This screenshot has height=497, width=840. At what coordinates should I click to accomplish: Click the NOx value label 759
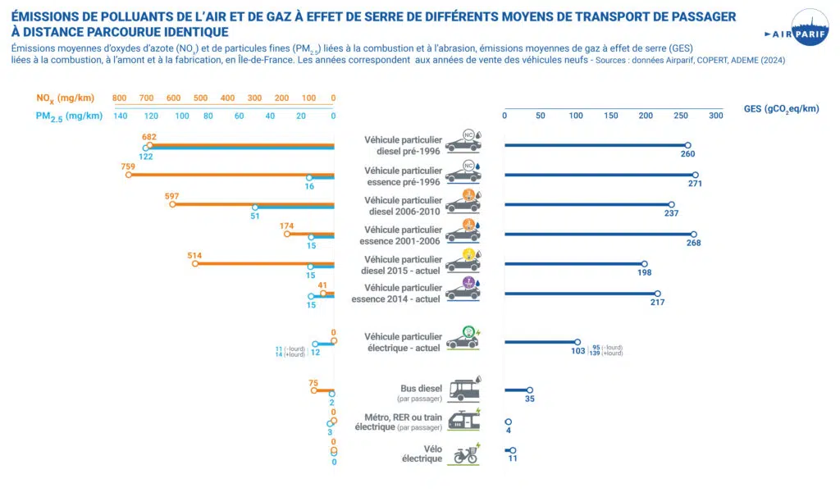click(x=127, y=166)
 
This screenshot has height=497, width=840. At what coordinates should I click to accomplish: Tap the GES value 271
click(x=695, y=184)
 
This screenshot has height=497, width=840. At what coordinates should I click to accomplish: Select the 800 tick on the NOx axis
click(x=120, y=98)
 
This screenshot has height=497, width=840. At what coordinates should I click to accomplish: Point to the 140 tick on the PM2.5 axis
click(x=121, y=116)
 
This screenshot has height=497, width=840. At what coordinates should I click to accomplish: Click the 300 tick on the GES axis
click(x=716, y=116)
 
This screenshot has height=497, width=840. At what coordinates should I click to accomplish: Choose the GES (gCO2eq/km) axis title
click(x=780, y=108)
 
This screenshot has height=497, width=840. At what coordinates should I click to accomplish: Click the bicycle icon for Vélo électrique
click(x=466, y=454)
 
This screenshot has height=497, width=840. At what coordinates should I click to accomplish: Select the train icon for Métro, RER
click(x=464, y=421)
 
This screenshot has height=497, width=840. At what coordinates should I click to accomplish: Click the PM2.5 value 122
click(x=145, y=156)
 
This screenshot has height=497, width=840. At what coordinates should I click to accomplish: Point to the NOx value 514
click(x=194, y=255)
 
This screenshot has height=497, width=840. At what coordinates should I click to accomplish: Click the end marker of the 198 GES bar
click(x=644, y=264)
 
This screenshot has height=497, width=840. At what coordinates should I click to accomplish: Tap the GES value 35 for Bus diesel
click(x=529, y=399)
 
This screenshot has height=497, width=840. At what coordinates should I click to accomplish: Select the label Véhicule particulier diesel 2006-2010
click(x=403, y=206)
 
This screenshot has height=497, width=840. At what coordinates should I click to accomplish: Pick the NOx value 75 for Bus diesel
click(x=313, y=382)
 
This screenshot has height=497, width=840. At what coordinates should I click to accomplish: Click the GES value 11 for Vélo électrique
click(x=513, y=459)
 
